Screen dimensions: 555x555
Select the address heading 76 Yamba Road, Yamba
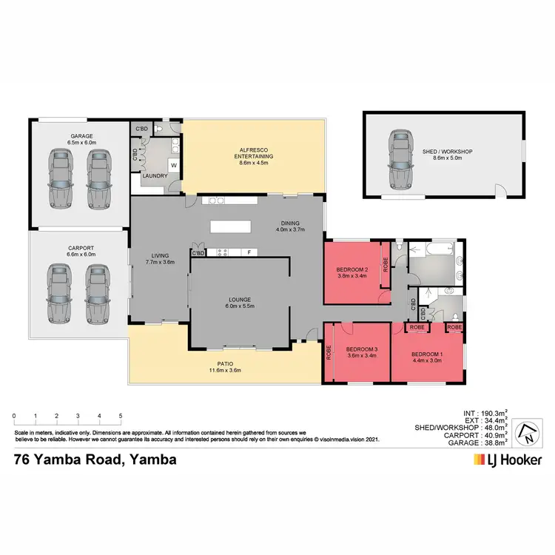click(x=95, y=460)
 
